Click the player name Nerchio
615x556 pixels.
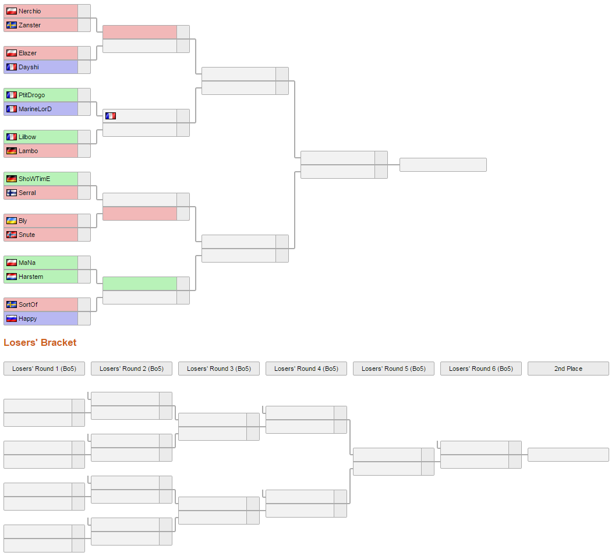(x=30, y=11)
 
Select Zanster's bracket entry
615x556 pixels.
(x=30, y=25)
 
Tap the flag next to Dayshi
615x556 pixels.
(x=12, y=67)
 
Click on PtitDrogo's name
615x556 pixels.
(x=31, y=95)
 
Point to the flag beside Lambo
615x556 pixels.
(x=12, y=151)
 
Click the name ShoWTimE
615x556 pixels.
(x=34, y=179)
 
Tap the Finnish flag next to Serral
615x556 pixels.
(x=12, y=193)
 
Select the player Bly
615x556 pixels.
(x=23, y=221)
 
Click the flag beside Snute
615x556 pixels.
(x=12, y=235)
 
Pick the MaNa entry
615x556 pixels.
(x=27, y=263)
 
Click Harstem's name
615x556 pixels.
(x=31, y=277)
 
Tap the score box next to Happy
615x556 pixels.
(x=84, y=318)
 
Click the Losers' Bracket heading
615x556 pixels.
(x=40, y=342)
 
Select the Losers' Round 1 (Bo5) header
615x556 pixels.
(x=44, y=369)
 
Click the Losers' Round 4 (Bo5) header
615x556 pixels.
(x=306, y=369)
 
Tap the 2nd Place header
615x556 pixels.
(x=568, y=369)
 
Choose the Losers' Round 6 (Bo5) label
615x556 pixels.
(x=481, y=369)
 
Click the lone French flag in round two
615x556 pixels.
(x=111, y=116)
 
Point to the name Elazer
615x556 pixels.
(x=27, y=53)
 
